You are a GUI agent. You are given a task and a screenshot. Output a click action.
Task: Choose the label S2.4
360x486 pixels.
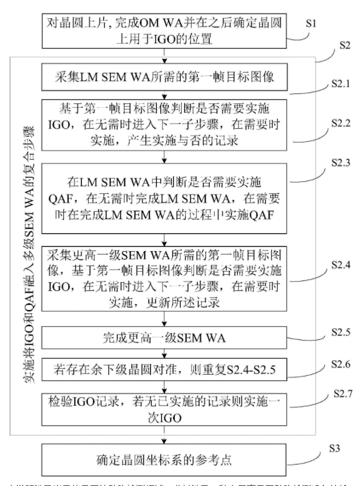click(x=343, y=265)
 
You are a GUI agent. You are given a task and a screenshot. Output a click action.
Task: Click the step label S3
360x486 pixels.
click(x=335, y=448)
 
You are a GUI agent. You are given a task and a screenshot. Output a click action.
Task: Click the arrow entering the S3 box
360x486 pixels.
click(x=164, y=439)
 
